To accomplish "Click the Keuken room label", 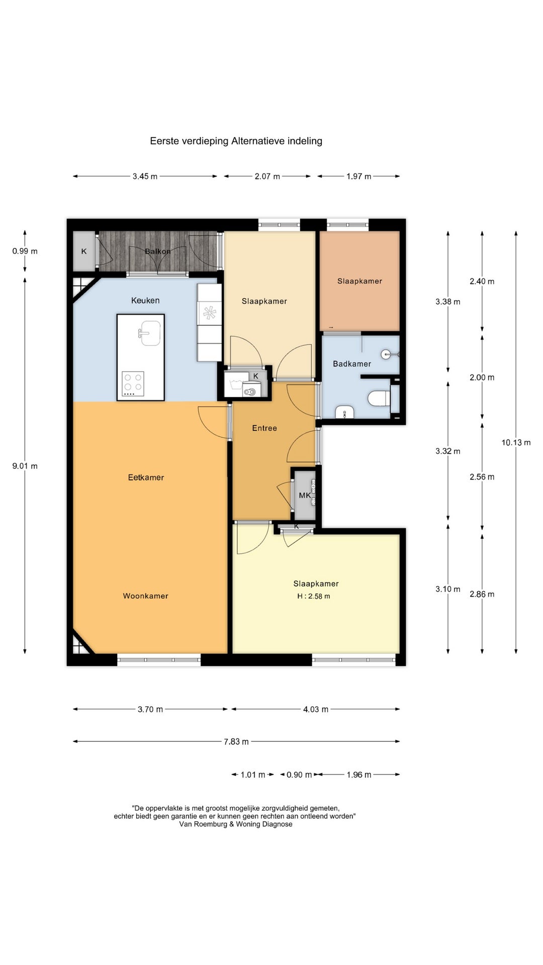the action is click(x=145, y=301).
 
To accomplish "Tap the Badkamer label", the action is click(x=352, y=364).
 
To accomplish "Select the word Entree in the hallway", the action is click(x=264, y=428).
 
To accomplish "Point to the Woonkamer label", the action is click(x=146, y=596).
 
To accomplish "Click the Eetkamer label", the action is click(x=146, y=477).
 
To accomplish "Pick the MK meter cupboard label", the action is click(x=305, y=496).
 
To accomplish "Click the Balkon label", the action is click(x=158, y=251).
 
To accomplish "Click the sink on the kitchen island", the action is click(x=150, y=334).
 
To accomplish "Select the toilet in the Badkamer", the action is click(x=379, y=399).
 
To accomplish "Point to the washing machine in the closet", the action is click(x=250, y=389).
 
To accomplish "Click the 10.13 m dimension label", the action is click(x=516, y=443).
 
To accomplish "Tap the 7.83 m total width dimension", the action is click(x=236, y=742).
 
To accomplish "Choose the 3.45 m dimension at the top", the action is click(x=145, y=176).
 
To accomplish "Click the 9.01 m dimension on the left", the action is click(x=25, y=466).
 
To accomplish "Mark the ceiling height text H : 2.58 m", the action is click(x=314, y=597).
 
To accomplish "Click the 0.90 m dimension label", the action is click(x=299, y=775).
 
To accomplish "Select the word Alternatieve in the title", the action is click(x=258, y=141).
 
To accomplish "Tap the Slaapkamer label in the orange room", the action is click(x=359, y=281).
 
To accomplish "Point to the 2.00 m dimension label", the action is click(x=482, y=378).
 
